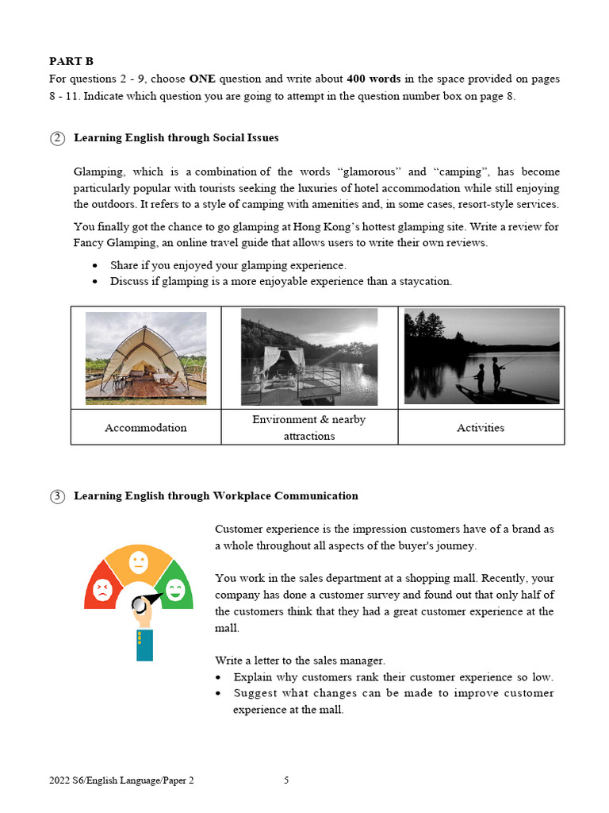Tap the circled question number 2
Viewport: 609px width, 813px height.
tap(57, 138)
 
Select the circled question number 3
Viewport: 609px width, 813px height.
tap(57, 496)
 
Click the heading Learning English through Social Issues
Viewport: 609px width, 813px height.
tap(176, 138)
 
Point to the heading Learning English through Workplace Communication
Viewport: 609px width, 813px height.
tap(216, 496)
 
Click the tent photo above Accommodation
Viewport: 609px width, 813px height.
tap(146, 357)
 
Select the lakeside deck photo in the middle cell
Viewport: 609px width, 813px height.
tap(309, 357)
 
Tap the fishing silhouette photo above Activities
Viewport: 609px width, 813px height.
tap(481, 356)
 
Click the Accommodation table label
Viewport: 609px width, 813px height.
tap(146, 428)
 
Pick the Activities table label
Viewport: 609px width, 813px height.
tap(481, 428)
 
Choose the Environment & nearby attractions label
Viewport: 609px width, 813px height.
tap(309, 428)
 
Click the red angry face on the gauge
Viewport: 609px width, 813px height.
tap(102, 590)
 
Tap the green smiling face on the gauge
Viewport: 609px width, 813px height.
tap(175, 590)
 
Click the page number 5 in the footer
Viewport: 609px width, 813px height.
tap(286, 780)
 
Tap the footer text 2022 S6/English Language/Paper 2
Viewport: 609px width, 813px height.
tap(121, 780)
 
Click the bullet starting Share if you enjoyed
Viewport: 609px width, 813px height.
tap(228, 265)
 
